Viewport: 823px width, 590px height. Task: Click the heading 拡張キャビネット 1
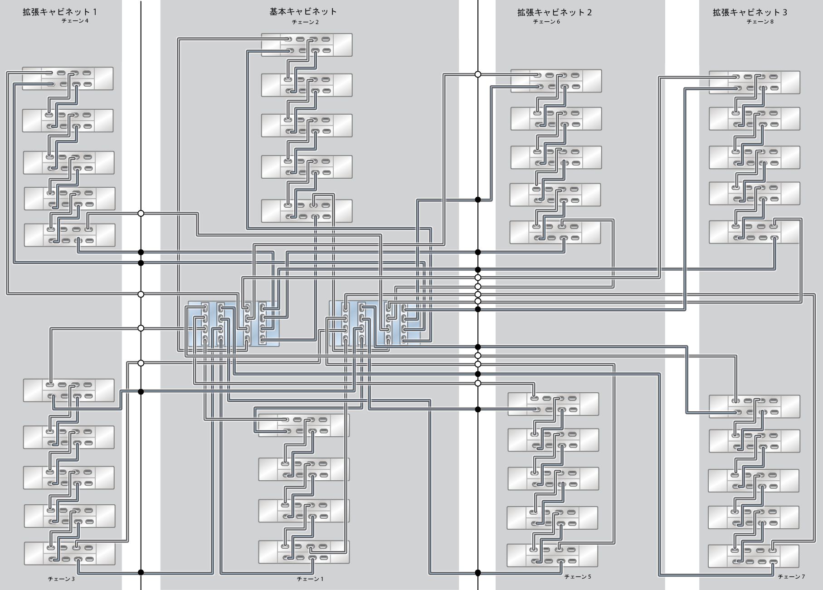[59, 12]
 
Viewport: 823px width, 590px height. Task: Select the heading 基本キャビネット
[303, 12]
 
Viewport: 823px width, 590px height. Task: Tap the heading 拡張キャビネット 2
[554, 13]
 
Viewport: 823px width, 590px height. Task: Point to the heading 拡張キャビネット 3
[750, 13]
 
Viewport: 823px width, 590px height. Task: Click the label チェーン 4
[75, 21]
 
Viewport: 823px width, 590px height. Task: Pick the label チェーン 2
[305, 22]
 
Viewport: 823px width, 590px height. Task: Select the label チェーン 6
[546, 22]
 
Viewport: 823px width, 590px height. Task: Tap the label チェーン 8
[760, 22]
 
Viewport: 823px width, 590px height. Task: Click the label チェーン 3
[61, 579]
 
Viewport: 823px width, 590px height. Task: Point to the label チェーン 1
[310, 579]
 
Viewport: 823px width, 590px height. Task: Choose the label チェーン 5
[577, 577]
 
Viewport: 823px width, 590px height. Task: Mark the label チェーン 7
[791, 577]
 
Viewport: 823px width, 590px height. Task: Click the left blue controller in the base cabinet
[234, 324]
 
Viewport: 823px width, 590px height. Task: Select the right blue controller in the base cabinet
[374, 323]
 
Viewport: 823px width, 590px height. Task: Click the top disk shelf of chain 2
[307, 45]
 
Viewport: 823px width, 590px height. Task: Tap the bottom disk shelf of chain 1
[304, 552]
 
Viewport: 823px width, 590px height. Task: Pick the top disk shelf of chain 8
[754, 83]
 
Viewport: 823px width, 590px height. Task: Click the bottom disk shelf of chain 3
[69, 553]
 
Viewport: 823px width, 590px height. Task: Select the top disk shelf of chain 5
[553, 404]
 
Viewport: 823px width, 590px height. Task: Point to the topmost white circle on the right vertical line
[477, 74]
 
